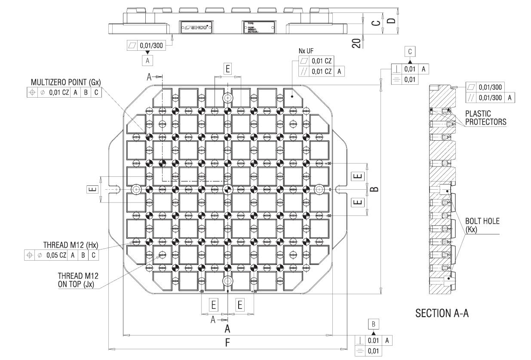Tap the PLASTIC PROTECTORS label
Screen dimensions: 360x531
pyautogui.click(x=485, y=118)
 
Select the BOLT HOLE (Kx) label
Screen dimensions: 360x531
pyautogui.click(x=482, y=225)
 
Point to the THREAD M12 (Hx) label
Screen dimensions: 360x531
pyautogui.click(x=71, y=245)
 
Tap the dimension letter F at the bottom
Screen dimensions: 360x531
pyautogui.click(x=228, y=343)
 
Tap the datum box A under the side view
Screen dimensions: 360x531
pyautogui.click(x=147, y=61)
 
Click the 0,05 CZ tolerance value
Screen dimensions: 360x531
pyautogui.click(x=58, y=255)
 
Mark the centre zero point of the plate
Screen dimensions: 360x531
pyautogui.click(x=228, y=189)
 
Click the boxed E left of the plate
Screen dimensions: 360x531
pyautogui.click(x=93, y=189)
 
